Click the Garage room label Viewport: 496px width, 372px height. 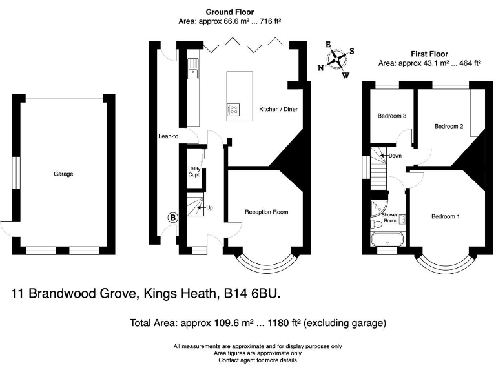63,174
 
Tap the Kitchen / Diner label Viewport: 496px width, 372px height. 278,109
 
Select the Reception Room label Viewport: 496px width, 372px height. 266,212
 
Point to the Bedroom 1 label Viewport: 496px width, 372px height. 446,216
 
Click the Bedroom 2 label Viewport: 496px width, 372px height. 448,126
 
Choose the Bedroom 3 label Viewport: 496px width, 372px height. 391,116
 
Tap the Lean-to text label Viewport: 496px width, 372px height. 168,136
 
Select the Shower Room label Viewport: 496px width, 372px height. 389,218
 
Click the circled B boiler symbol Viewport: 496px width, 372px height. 173,218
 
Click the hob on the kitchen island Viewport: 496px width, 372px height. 233,109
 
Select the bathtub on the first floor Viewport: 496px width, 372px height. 387,241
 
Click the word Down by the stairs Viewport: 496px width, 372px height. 395,156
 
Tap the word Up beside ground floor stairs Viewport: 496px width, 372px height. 209,208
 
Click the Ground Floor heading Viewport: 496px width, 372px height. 229,12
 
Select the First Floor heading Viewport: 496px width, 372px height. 429,54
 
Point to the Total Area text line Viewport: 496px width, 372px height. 258,322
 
